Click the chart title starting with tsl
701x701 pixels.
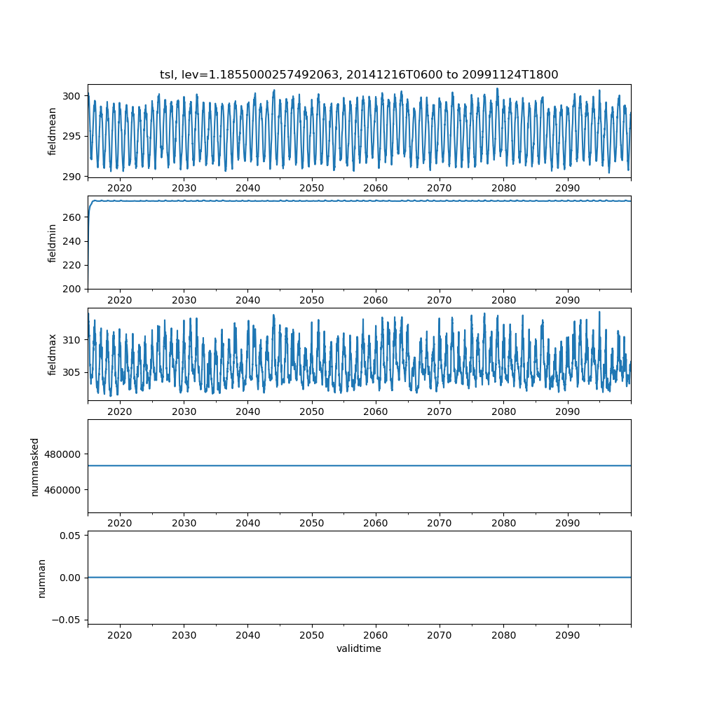pos(359,75)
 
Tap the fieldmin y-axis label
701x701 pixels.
pos(53,243)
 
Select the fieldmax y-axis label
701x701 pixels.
pos(53,355)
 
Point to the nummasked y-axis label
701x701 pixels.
pos(35,467)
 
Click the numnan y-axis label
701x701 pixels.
pos(42,578)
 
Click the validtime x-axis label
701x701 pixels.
pos(359,649)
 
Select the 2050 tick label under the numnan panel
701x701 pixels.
pos(312,635)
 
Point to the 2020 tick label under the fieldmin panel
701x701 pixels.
pos(120,300)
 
